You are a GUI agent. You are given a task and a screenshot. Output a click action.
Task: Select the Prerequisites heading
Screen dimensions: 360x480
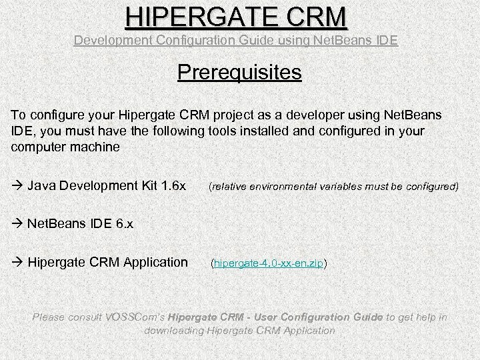click(x=240, y=71)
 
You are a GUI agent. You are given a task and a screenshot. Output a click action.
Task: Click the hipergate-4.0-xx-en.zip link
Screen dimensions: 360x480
click(x=269, y=264)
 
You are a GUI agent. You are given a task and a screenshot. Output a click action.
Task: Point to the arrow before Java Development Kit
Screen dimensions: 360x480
click(x=17, y=184)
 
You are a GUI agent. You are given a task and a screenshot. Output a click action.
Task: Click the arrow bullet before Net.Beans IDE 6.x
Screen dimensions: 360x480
click(x=17, y=223)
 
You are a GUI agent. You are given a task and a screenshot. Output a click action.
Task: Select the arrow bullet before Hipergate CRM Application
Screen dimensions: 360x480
click(x=17, y=263)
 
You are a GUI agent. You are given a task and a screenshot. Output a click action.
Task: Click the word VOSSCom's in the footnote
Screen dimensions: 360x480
click(x=136, y=317)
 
